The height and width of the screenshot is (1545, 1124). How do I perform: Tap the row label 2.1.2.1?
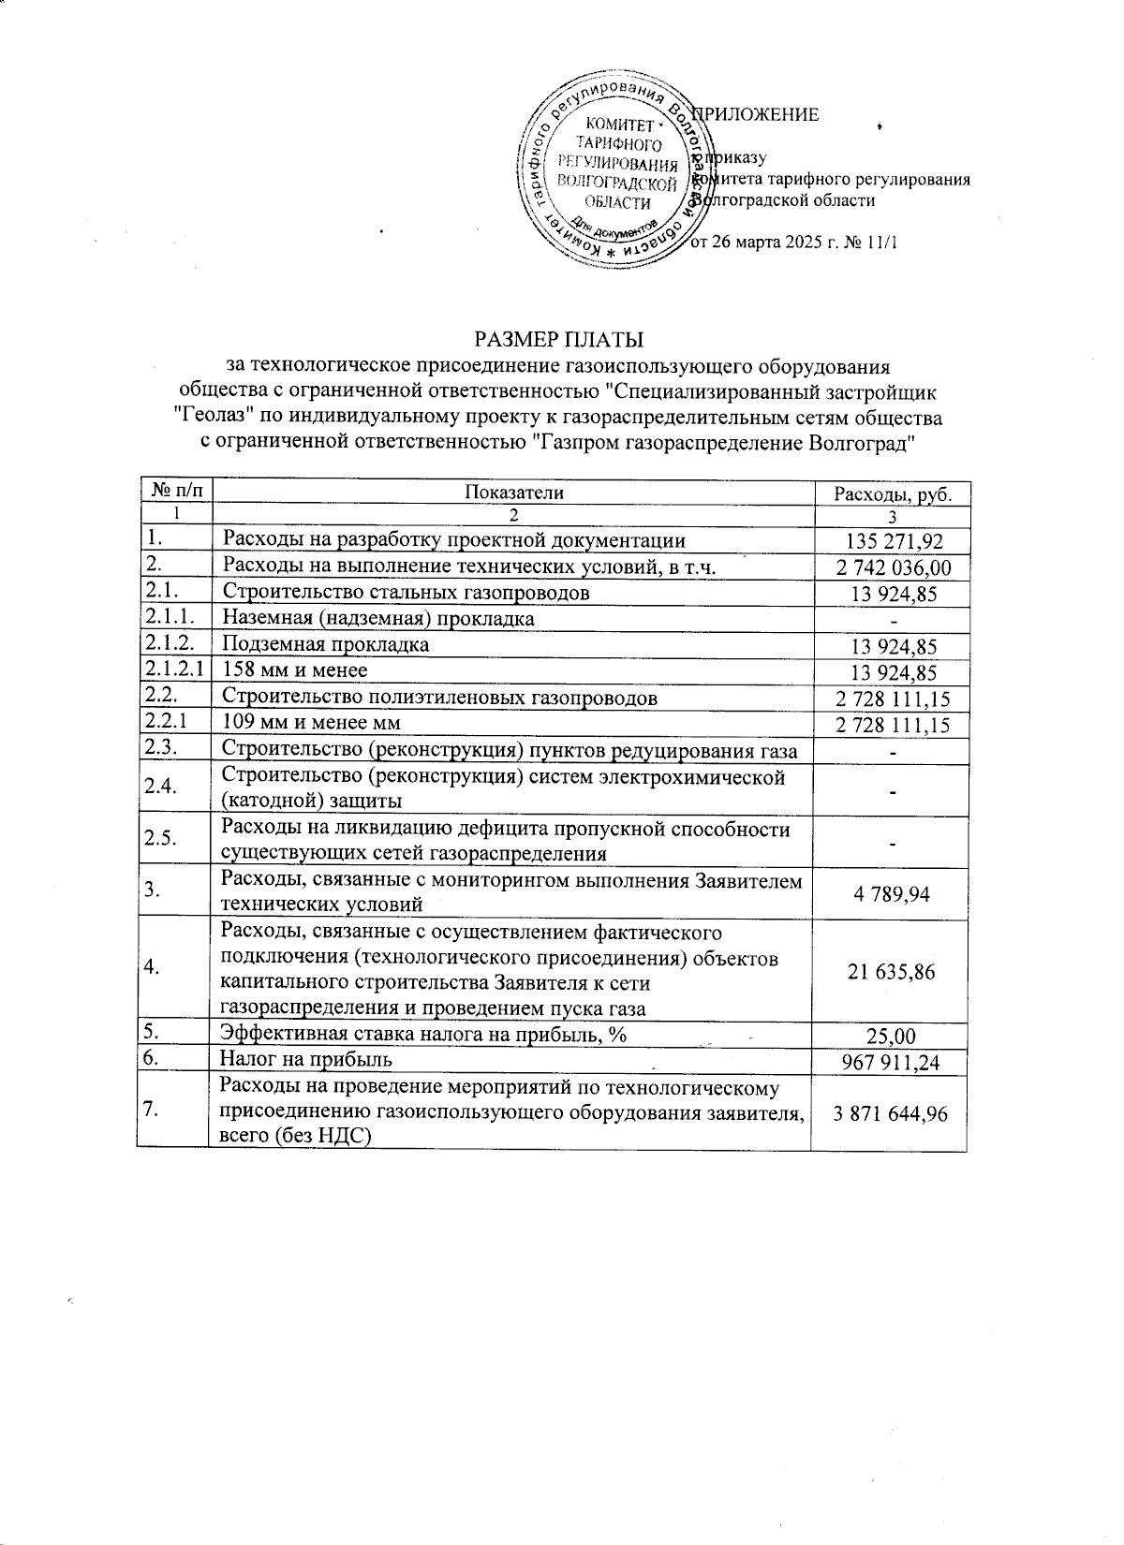click(x=176, y=670)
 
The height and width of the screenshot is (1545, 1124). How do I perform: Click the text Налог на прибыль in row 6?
click(x=305, y=1059)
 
